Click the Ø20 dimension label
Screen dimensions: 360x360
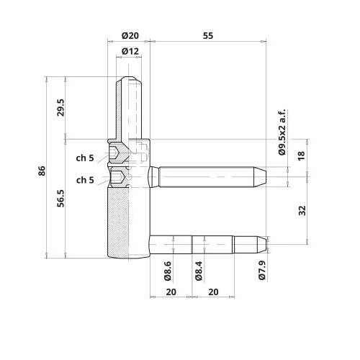[130, 36]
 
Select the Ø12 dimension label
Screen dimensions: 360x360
[130, 51]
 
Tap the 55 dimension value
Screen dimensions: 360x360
[208, 36]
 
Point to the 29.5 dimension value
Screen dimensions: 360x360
[61, 107]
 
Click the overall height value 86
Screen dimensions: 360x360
[42, 171]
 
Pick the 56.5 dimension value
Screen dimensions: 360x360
[61, 198]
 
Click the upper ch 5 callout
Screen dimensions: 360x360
[85, 158]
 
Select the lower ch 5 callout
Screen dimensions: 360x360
[85, 180]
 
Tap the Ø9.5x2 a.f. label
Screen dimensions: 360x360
[282, 132]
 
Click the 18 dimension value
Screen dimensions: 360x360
[302, 156]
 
